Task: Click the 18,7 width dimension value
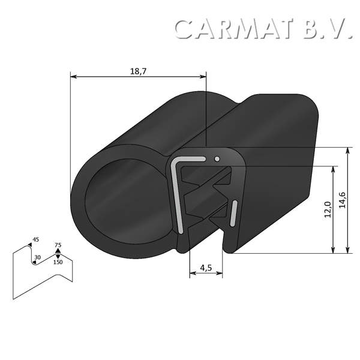point(138,71)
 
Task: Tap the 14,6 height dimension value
point(342,200)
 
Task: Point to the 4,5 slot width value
point(205,268)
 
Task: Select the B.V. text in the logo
point(328,29)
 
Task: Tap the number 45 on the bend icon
point(35,240)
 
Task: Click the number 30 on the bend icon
point(37,257)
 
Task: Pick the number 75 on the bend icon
point(58,245)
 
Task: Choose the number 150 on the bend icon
point(58,262)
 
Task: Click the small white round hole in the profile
point(217,159)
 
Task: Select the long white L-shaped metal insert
point(177,192)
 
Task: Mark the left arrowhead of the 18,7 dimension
point(73,76)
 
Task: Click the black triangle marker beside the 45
point(30,245)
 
